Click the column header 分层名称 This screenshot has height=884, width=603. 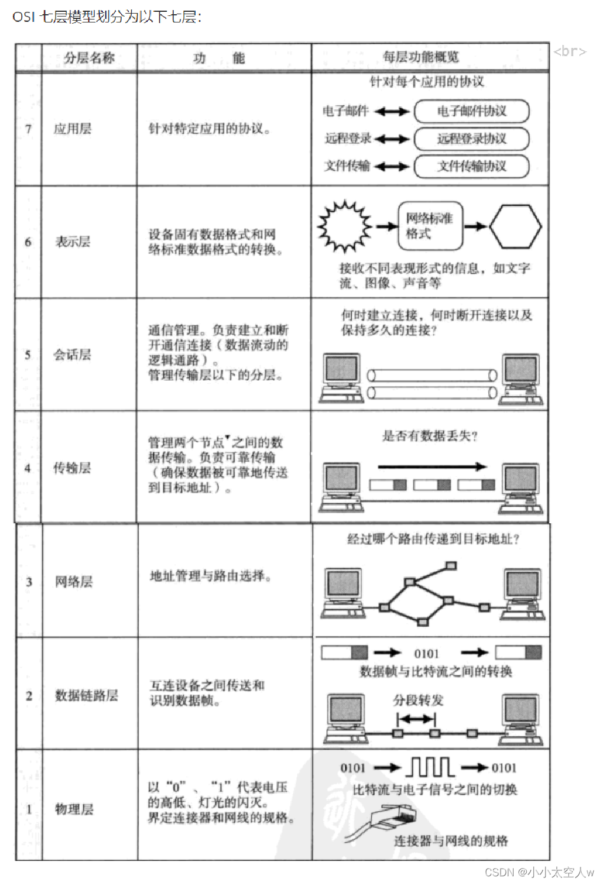pyautogui.click(x=89, y=58)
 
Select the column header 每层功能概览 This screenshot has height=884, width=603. pyautogui.click(x=420, y=57)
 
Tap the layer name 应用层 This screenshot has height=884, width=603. pyautogui.click(x=73, y=129)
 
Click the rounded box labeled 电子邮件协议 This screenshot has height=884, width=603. pyautogui.click(x=471, y=111)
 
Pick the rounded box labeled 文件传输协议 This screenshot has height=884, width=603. pyautogui.click(x=471, y=166)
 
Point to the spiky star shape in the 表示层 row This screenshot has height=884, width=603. pyautogui.click(x=345, y=226)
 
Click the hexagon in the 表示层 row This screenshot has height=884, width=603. pyautogui.click(x=515, y=226)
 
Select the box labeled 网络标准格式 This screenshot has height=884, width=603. pyautogui.click(x=430, y=226)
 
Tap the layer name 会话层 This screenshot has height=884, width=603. pyautogui.click(x=72, y=355)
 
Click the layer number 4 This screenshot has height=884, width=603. pyautogui.click(x=28, y=468)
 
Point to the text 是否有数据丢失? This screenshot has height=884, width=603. pyautogui.click(x=429, y=436)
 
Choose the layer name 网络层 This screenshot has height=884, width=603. pyautogui.click(x=74, y=582)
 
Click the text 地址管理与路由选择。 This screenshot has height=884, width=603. pyautogui.click(x=210, y=576)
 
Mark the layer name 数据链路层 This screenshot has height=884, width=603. pyautogui.click(x=86, y=695)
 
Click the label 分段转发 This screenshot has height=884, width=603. pyautogui.click(x=418, y=701)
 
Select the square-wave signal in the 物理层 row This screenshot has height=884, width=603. pyautogui.click(x=430, y=767)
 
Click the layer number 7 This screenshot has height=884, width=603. pyautogui.click(x=28, y=129)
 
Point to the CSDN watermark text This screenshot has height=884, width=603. pyautogui.click(x=539, y=872)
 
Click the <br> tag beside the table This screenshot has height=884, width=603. pyautogui.click(x=569, y=51)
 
